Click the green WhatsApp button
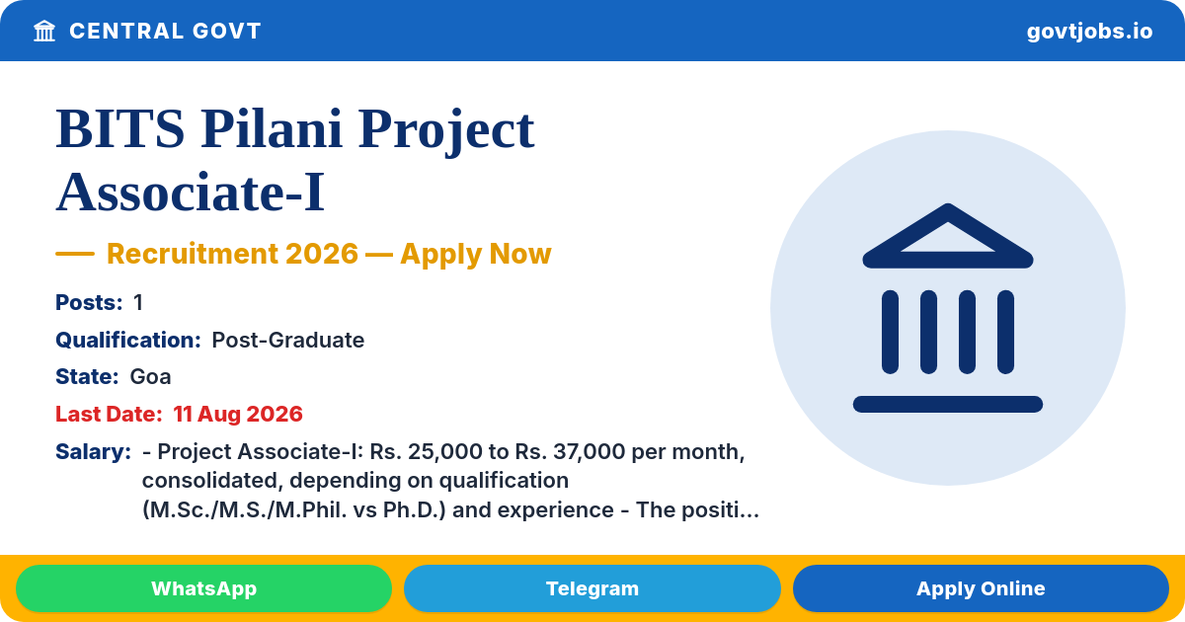tap(203, 588)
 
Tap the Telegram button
tap(592, 588)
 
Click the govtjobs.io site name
tap(1089, 32)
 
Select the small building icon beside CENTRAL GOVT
tap(44, 31)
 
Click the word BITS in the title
tap(120, 129)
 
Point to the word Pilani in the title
tap(272, 129)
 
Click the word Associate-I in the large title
tap(191, 193)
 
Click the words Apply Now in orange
tap(476, 254)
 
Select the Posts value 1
tap(138, 302)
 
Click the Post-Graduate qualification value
tap(287, 340)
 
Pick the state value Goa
tap(150, 377)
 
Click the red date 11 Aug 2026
tap(238, 414)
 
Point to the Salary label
tap(93, 452)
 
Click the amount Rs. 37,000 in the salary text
tap(571, 452)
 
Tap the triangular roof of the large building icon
tap(947, 236)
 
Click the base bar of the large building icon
tap(947, 404)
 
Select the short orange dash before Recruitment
tap(75, 254)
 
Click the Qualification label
tap(128, 340)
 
